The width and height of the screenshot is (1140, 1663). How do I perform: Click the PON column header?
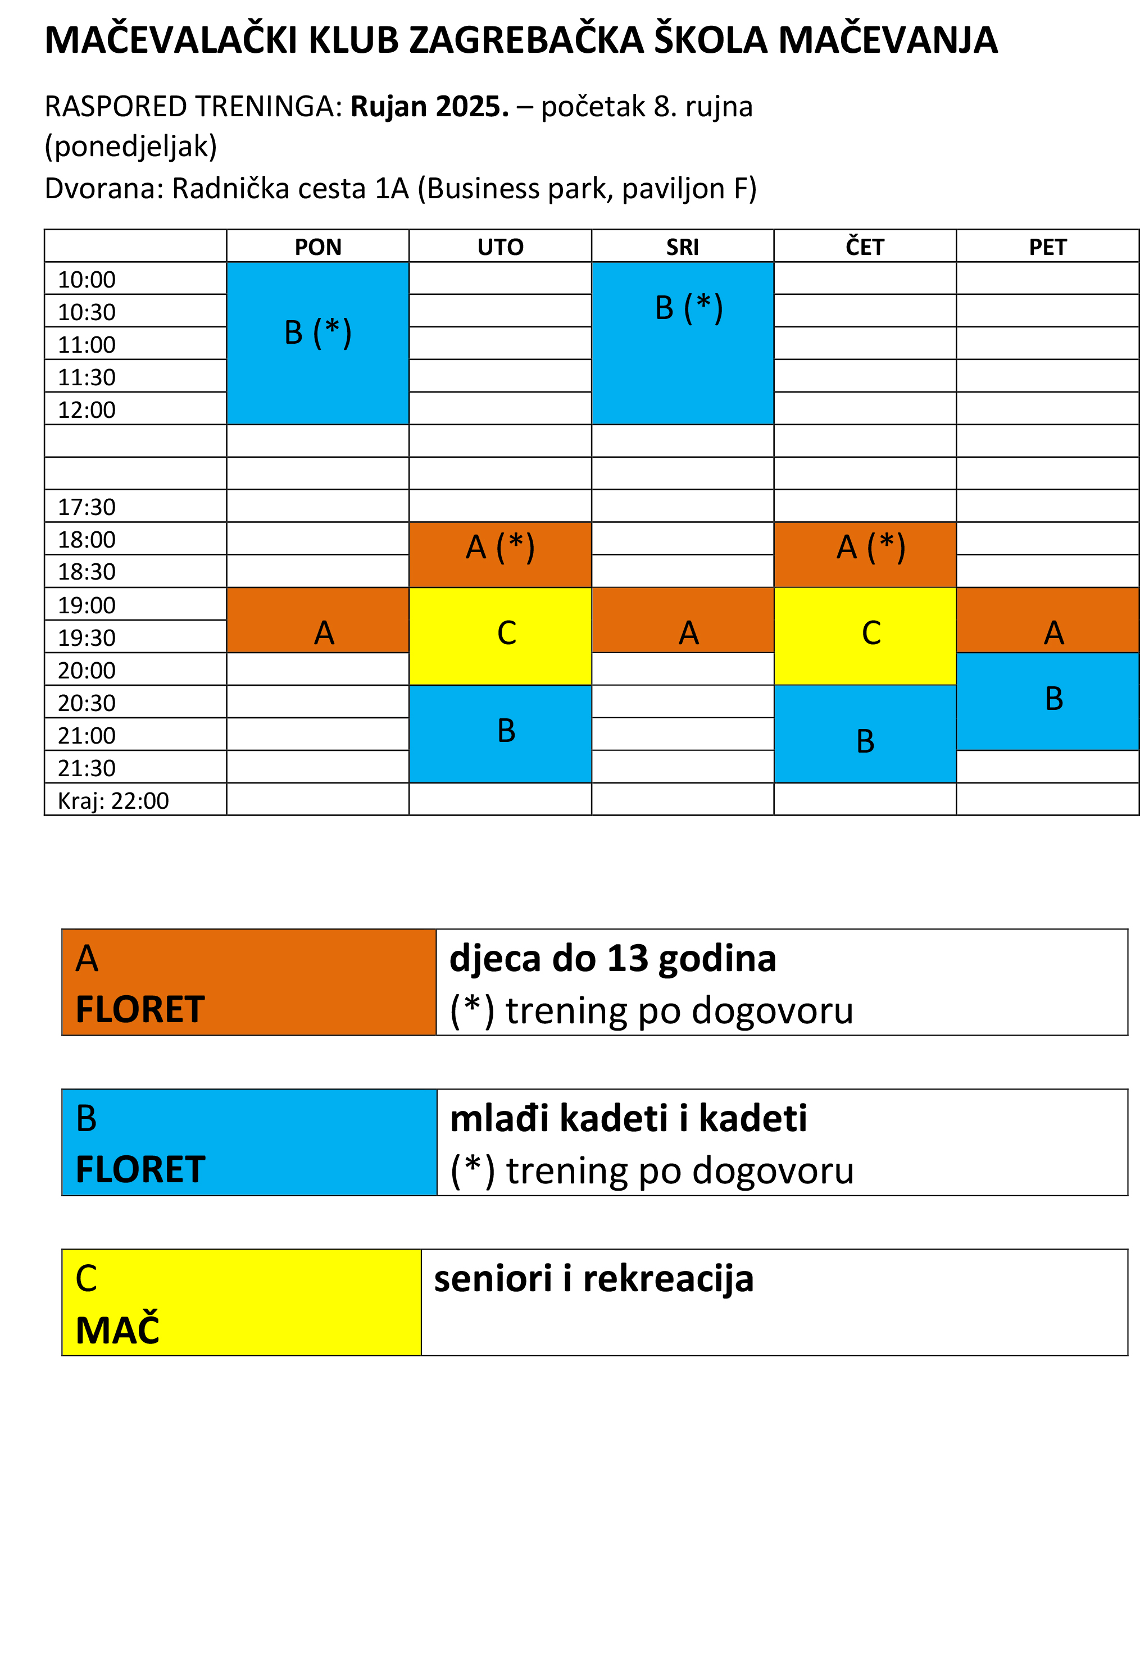click(x=318, y=247)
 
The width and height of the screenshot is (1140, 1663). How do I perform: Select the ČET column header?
click(x=865, y=247)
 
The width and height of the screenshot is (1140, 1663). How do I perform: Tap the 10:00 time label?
click(x=87, y=279)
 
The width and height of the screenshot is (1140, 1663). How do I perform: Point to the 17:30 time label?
click(x=87, y=507)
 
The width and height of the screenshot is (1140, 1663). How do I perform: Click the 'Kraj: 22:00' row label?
click(x=113, y=800)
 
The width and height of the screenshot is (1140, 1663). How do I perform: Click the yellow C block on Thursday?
click(x=865, y=635)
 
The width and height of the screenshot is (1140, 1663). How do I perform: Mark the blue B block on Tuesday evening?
click(x=500, y=733)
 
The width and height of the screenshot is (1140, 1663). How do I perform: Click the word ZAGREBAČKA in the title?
click(x=526, y=40)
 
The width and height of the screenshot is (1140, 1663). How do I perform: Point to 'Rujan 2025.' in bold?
click(x=429, y=107)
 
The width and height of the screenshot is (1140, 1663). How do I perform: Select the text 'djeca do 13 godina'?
click(x=612, y=958)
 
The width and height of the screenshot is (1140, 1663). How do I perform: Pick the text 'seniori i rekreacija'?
click(x=594, y=1279)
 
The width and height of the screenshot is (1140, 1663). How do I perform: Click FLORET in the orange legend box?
click(x=140, y=1009)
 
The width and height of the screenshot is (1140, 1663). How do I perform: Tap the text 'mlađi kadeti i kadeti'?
click(x=628, y=1118)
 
